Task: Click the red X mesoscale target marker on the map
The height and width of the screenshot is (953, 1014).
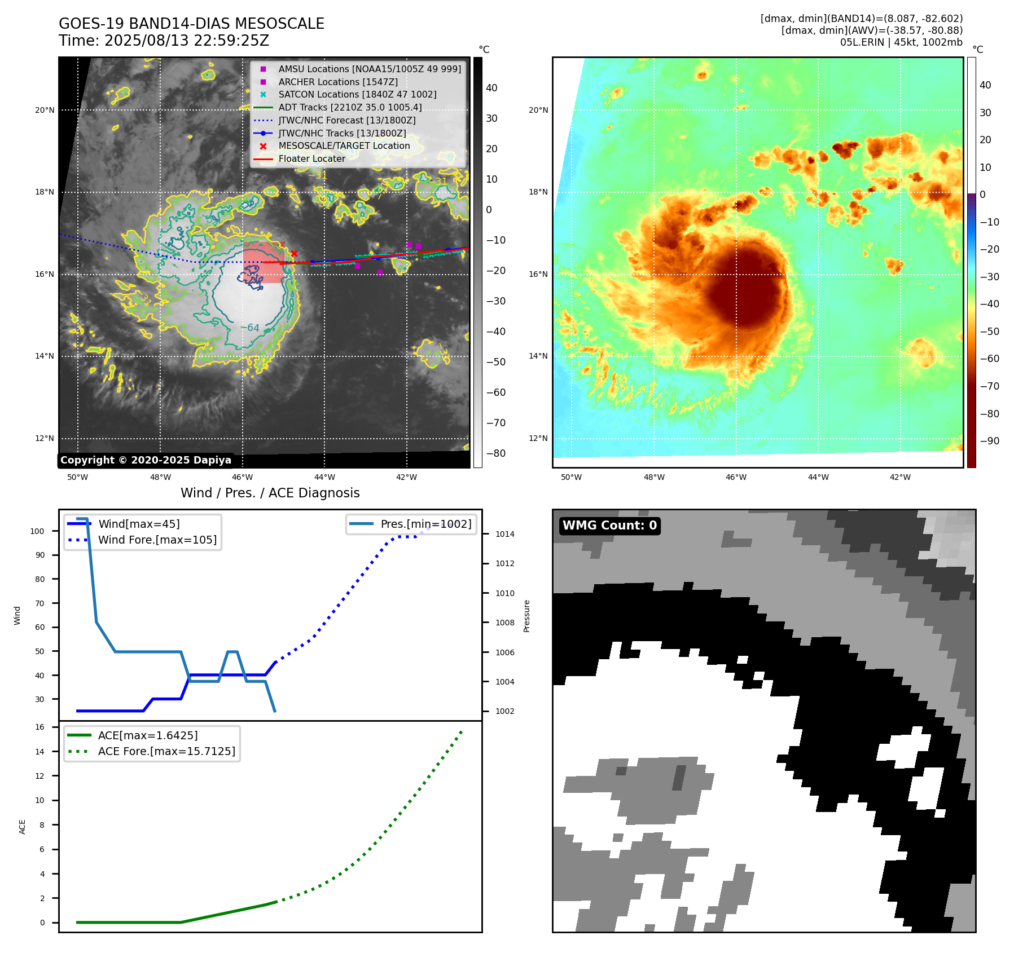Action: [294, 254]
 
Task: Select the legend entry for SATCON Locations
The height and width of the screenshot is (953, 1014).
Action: [357, 95]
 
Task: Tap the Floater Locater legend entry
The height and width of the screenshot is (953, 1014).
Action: [311, 159]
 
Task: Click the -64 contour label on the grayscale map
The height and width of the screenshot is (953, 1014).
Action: [250, 328]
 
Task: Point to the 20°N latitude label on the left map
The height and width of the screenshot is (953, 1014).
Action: [45, 110]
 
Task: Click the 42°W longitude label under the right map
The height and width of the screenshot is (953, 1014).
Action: [900, 477]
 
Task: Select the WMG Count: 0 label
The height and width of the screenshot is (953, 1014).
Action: [609, 526]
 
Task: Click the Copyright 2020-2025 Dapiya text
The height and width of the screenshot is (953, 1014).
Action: [146, 460]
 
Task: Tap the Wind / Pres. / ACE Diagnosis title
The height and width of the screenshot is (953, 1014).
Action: [270, 493]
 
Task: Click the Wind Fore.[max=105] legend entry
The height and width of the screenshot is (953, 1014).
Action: [157, 540]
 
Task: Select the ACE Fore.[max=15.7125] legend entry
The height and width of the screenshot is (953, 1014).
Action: [166, 751]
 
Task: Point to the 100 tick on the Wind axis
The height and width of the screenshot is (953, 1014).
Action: [37, 531]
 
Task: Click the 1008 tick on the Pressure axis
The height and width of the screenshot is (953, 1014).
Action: [505, 623]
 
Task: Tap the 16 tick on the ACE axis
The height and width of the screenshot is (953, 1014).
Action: [40, 727]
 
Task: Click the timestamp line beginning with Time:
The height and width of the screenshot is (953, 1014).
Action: [164, 41]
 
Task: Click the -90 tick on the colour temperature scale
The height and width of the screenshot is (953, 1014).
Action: [989, 441]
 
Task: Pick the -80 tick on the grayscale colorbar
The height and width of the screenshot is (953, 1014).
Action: [496, 453]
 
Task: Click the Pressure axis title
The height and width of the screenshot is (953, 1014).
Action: [527, 616]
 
